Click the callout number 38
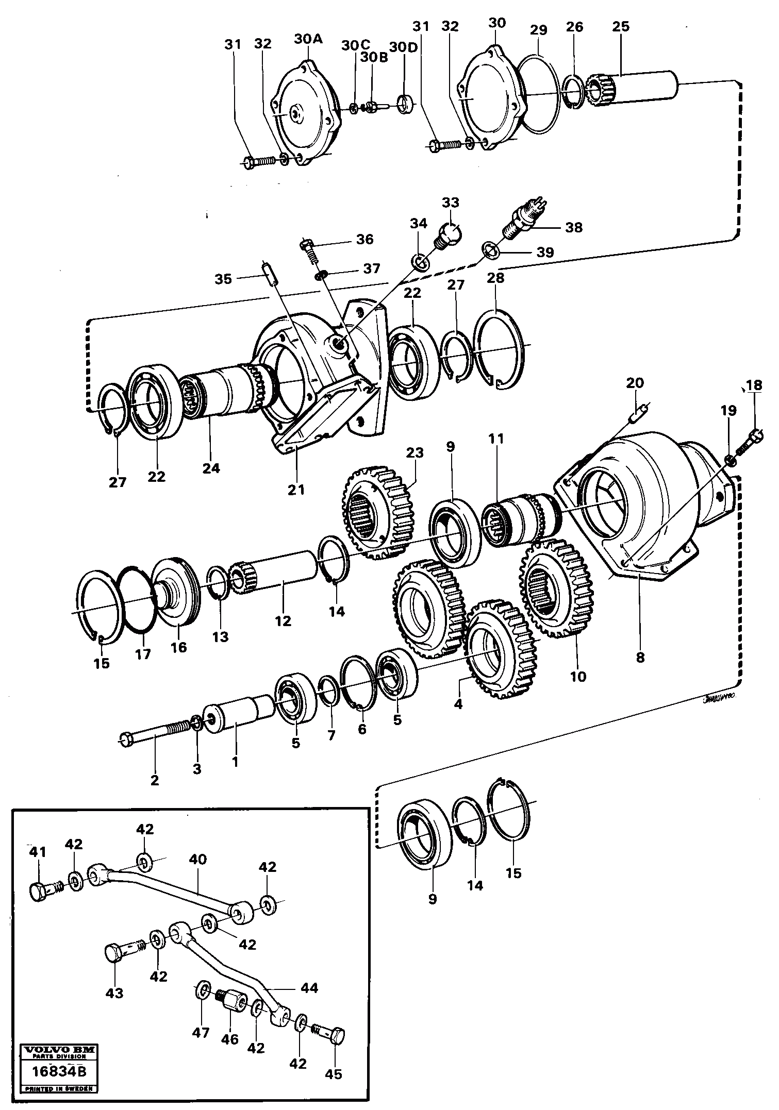tap(574, 227)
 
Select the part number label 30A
tap(308, 39)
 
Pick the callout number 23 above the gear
tap(415, 452)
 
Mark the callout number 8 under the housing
tap(640, 658)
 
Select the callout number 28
tap(495, 278)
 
